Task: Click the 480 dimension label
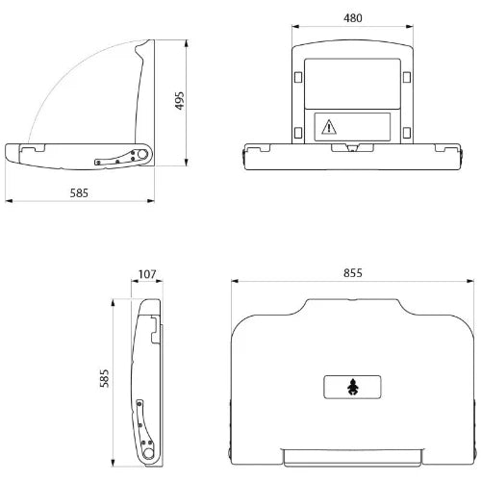coord(353,18)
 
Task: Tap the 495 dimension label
coord(180,101)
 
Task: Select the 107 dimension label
coord(147,274)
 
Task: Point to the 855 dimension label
coord(353,273)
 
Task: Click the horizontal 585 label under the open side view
coord(79,193)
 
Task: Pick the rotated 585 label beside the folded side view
coord(104,378)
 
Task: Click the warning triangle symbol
coord(329,127)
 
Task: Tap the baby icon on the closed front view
coord(352,387)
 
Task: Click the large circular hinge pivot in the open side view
coord(142,154)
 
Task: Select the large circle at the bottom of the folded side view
coord(148,453)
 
